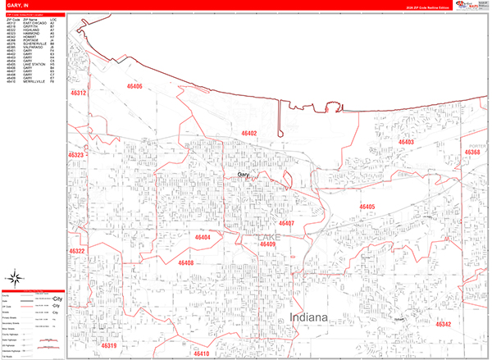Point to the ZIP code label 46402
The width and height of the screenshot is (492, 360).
click(x=249, y=133)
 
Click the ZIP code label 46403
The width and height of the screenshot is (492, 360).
click(x=381, y=142)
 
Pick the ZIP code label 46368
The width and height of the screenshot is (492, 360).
click(x=471, y=153)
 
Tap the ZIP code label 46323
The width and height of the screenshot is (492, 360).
click(x=77, y=154)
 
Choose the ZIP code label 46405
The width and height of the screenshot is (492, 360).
click(x=367, y=207)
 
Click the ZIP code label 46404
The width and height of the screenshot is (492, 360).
click(x=203, y=237)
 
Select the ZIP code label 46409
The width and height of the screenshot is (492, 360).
click(x=267, y=244)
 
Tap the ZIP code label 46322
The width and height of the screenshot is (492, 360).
click(x=77, y=251)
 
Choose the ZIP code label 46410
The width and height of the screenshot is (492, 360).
click(x=202, y=354)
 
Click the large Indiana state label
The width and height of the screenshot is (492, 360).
click(x=308, y=317)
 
